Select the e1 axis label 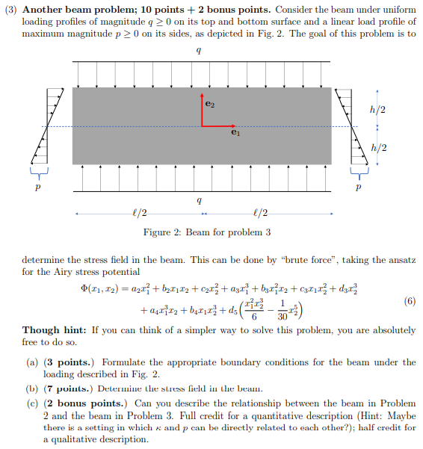pos(236,133)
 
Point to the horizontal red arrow pos(219,125)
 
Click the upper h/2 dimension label pos(377,110)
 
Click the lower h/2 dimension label pos(377,147)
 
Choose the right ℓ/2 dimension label pos(262,214)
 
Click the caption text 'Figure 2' pos(162,232)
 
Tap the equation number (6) pos(408,301)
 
